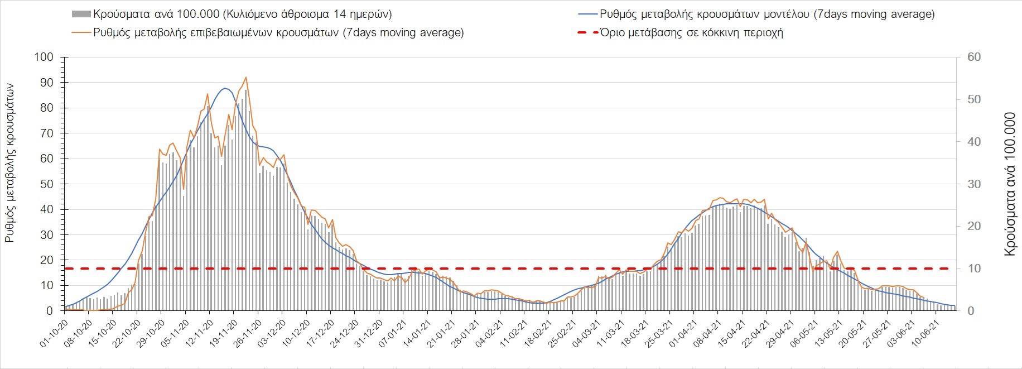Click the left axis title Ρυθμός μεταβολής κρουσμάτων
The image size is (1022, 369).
(9, 163)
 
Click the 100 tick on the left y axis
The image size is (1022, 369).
(44, 57)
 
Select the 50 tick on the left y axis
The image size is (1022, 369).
(47, 184)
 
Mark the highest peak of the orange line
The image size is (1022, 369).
(246, 78)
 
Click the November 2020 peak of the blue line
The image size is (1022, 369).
(225, 88)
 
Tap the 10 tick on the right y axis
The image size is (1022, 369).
(974, 269)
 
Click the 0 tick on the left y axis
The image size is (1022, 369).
(50, 311)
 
